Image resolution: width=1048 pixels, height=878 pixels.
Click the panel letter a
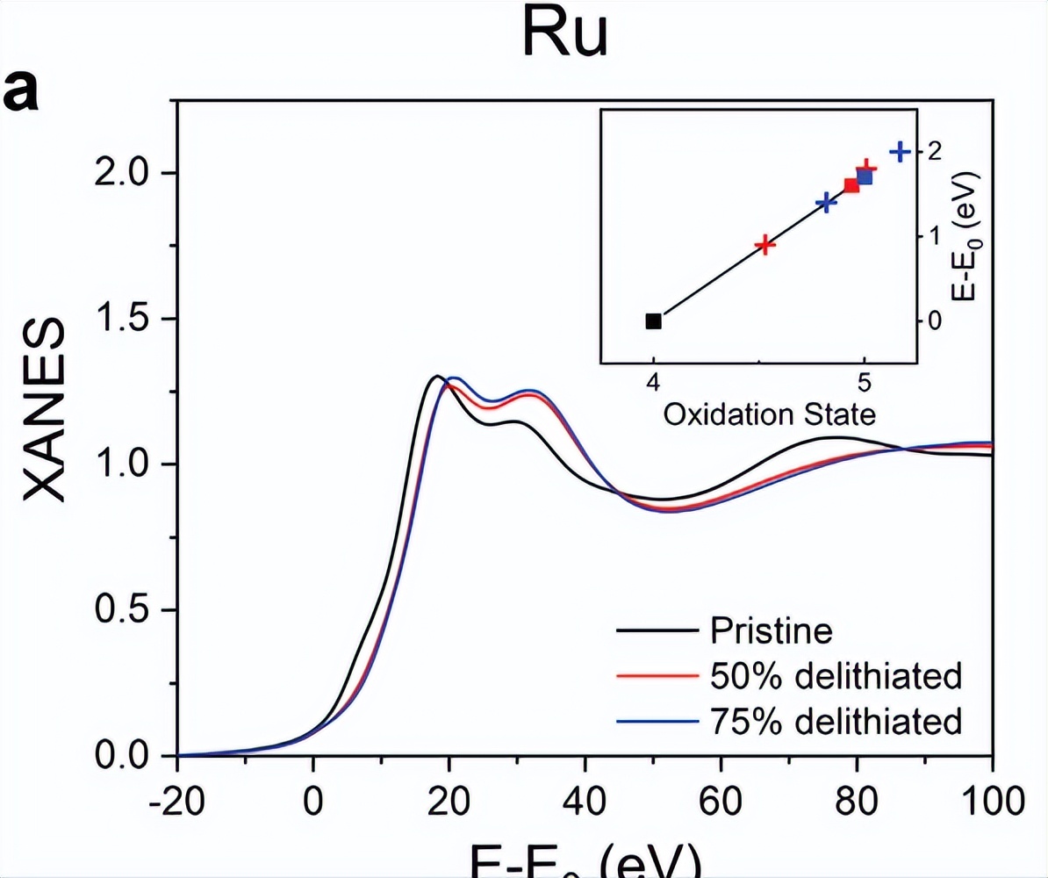point(25,92)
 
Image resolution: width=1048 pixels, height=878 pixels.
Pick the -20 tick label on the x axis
point(176,803)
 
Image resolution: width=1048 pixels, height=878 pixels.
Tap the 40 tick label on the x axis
point(585,803)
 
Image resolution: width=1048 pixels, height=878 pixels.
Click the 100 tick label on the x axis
point(990,803)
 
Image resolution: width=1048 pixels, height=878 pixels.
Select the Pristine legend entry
point(771,630)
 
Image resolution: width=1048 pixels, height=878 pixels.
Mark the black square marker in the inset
point(653,321)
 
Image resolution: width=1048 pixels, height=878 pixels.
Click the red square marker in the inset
point(851,185)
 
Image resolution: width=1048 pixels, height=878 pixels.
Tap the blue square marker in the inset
point(865,177)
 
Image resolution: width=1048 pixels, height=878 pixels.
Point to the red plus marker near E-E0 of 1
point(765,245)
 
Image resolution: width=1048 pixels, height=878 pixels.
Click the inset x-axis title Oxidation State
point(769,414)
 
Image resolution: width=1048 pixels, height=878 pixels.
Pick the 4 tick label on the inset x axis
point(653,383)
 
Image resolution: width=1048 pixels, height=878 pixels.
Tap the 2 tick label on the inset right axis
point(938,151)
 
